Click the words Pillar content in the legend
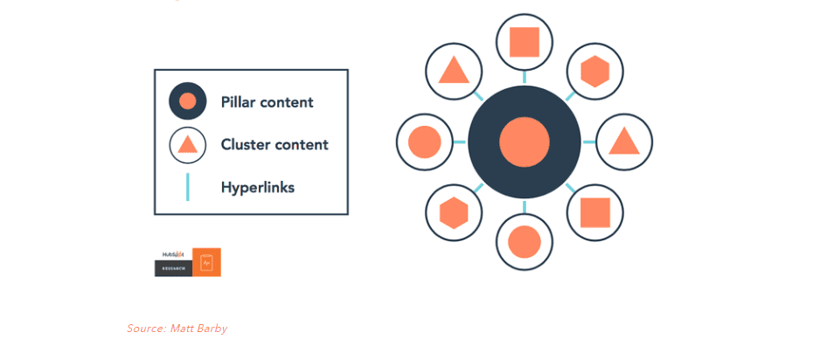coord(267,102)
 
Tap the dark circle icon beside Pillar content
coord(187,101)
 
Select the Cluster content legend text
coord(274,145)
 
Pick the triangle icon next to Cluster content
coord(187,145)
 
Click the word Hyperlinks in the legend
coord(257,187)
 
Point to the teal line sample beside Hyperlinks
coord(187,187)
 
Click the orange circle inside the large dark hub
coord(525,142)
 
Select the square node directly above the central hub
coord(525,42)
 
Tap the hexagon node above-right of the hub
coord(594,71)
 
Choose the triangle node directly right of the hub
coord(624,142)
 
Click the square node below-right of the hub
coord(594,212)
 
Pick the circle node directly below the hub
coord(525,242)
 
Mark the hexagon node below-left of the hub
coord(454,212)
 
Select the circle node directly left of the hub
coord(425,142)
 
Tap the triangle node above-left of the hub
coord(454,71)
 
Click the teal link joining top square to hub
coord(525,78)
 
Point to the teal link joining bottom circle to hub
coord(525,206)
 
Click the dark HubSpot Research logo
coord(173,262)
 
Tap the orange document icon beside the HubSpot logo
coord(206,262)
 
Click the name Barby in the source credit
coord(212,329)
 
